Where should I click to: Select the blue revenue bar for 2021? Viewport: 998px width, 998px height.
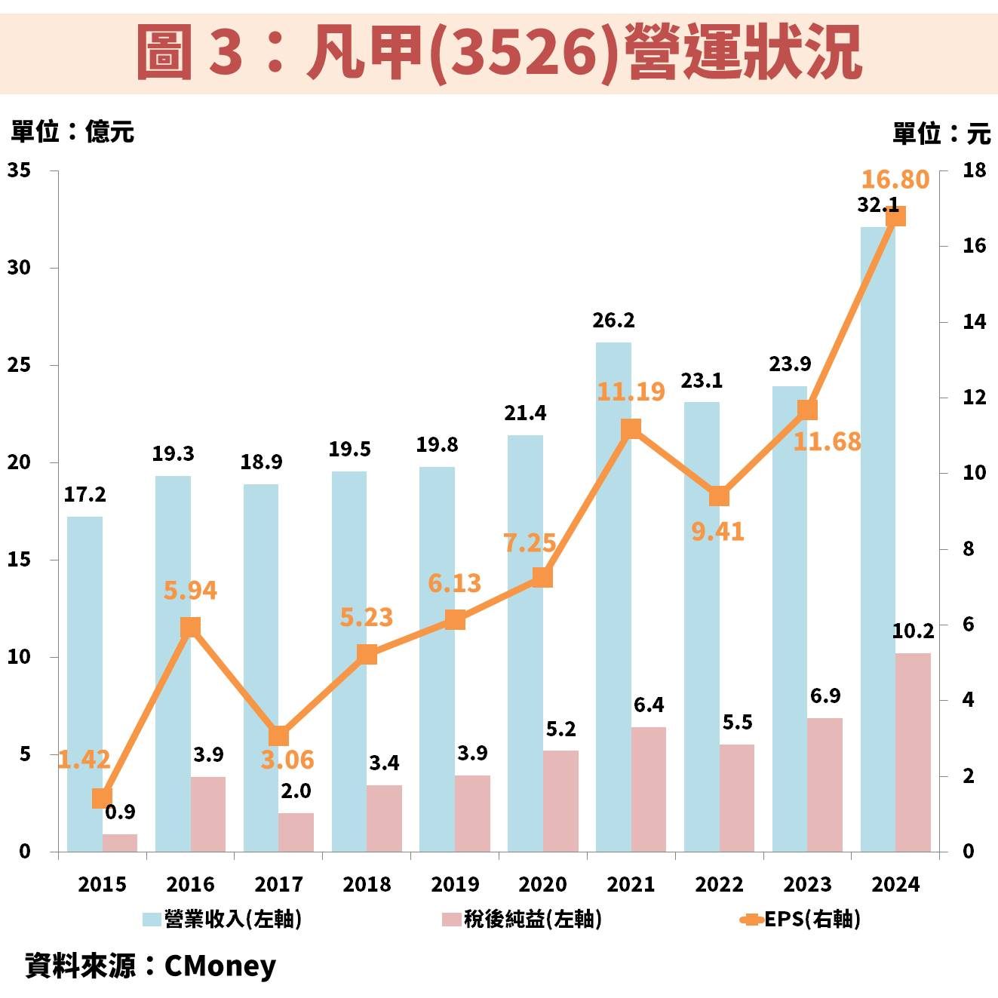click(613, 596)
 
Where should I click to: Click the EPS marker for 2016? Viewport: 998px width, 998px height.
click(191, 628)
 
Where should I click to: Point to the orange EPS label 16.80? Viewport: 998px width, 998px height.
click(895, 180)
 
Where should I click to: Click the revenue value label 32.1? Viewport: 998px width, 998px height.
click(877, 204)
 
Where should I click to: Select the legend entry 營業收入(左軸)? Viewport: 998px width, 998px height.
click(223, 919)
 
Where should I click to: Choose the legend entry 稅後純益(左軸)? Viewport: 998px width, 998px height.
click(523, 919)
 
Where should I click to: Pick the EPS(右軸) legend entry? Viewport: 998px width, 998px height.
click(802, 919)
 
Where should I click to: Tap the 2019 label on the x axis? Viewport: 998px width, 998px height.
click(455, 884)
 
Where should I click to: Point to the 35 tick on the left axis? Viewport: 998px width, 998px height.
click(20, 170)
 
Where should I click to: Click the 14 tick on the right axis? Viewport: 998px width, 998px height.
click(974, 322)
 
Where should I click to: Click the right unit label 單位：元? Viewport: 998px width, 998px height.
click(941, 134)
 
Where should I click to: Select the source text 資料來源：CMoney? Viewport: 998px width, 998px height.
click(151, 966)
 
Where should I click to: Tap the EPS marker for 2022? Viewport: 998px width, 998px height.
click(719, 496)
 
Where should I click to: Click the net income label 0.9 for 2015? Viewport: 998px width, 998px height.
click(120, 812)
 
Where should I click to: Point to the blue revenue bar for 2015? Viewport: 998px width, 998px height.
click(84, 683)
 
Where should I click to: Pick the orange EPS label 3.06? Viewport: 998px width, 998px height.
click(287, 760)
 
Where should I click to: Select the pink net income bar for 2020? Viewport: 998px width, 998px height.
click(560, 801)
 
